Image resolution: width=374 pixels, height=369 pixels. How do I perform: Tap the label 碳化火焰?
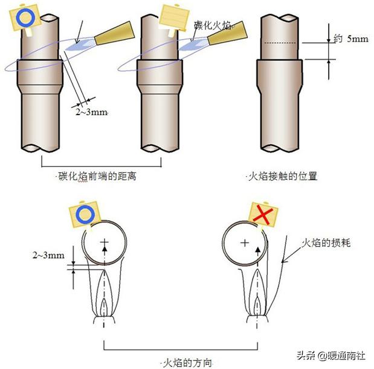[x=213, y=25]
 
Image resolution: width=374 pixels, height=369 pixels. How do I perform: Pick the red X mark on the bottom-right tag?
[x=261, y=214]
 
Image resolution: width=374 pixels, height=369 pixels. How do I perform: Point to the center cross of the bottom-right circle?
[x=244, y=243]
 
